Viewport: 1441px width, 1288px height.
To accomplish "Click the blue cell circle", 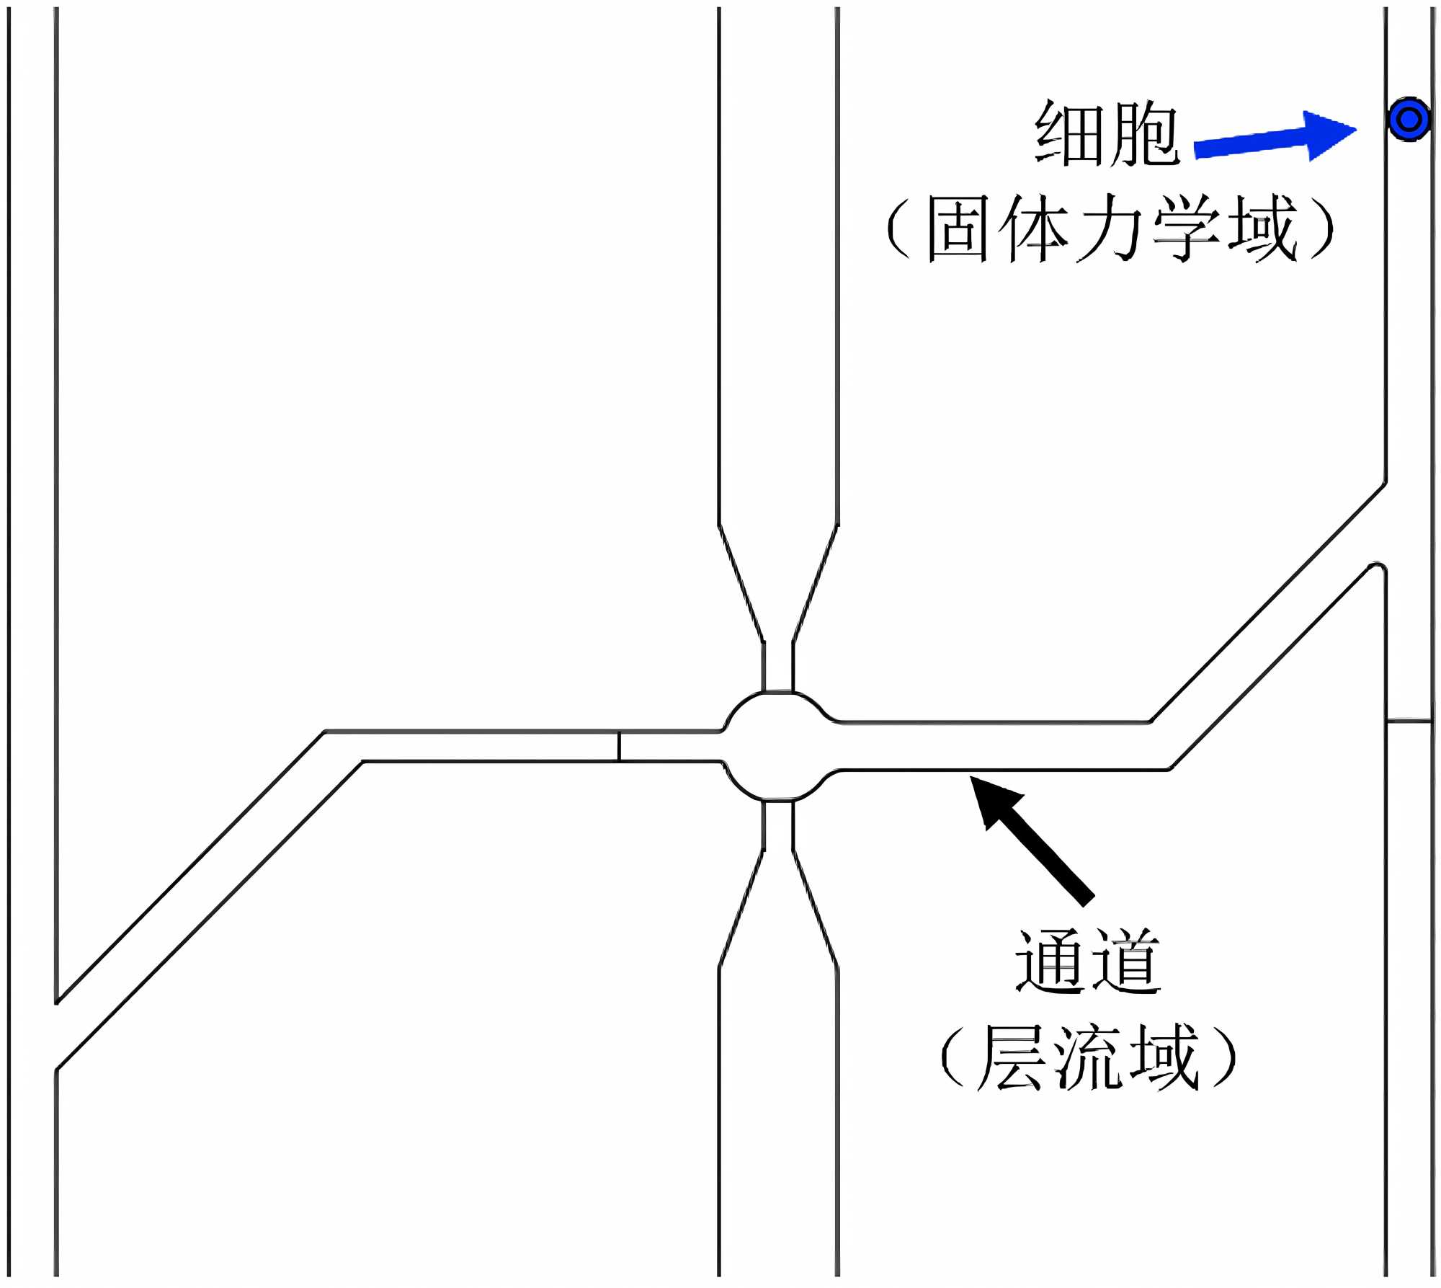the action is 1409,119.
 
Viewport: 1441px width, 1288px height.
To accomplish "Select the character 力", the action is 1110,229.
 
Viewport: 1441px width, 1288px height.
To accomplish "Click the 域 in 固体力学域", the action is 1262,229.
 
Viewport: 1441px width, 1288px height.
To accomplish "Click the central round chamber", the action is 778,746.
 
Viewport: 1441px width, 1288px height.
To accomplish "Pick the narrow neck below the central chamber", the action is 778,825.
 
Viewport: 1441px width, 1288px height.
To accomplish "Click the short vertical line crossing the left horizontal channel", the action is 618,746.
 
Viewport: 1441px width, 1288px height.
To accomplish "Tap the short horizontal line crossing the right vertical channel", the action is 1409,720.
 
